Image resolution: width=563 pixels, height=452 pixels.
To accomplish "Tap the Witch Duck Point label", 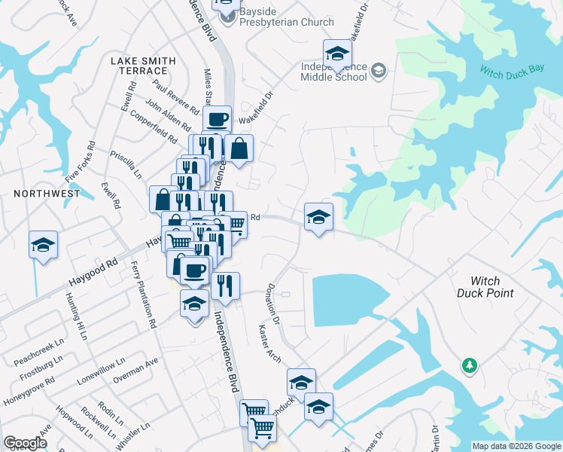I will [x=485, y=286].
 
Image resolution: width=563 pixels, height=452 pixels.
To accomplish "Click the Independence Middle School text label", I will [x=333, y=72].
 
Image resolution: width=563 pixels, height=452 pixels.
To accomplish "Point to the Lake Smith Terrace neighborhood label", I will [x=143, y=66].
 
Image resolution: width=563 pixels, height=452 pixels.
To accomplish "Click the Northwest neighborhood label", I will [x=47, y=194].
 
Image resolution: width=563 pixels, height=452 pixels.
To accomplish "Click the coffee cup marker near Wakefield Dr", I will [x=217, y=119].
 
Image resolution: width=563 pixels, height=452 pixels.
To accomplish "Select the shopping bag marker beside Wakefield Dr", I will [x=239, y=148].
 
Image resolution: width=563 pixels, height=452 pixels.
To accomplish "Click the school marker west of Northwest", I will [x=44, y=244].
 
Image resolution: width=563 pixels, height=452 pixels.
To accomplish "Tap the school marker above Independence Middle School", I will [x=337, y=53].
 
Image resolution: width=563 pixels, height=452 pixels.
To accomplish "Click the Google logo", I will [x=25, y=443].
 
